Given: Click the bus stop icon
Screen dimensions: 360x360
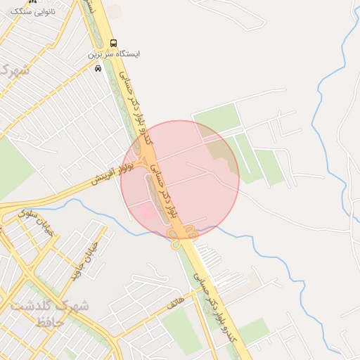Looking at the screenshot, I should [x=114, y=43].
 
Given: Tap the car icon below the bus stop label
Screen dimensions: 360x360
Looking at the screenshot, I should [x=98, y=68].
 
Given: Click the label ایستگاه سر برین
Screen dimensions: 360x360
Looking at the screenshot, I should [x=114, y=54].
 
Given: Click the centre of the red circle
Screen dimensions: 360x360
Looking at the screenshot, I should [x=180, y=180].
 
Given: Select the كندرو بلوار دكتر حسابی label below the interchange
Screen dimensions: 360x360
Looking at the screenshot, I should [x=219, y=302].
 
